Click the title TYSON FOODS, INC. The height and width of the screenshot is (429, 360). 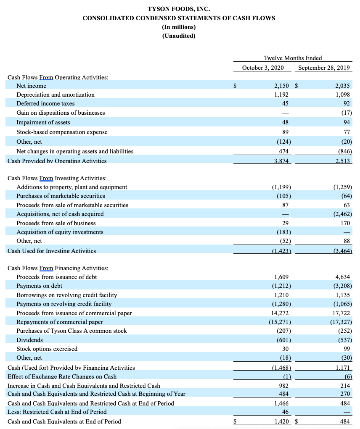point(179,9)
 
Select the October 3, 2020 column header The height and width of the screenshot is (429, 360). point(263,68)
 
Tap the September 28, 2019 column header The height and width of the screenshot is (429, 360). point(324,68)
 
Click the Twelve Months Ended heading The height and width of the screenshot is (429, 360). point(293,58)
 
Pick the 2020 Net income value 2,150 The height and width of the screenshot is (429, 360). point(281,86)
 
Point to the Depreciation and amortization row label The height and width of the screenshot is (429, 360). point(56,95)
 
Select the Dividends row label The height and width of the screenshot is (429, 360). point(29,340)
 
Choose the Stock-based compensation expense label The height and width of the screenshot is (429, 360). point(62,132)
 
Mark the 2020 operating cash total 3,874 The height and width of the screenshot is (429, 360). point(281,161)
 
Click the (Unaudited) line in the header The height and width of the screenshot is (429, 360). point(179,36)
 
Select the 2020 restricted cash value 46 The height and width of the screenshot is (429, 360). point(285,412)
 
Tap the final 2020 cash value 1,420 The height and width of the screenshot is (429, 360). point(281,421)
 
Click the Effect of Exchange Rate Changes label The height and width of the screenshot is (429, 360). point(62,376)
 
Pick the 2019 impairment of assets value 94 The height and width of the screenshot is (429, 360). point(347,122)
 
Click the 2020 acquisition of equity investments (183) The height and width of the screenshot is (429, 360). point(283,232)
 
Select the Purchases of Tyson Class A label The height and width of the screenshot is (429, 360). point(71,331)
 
